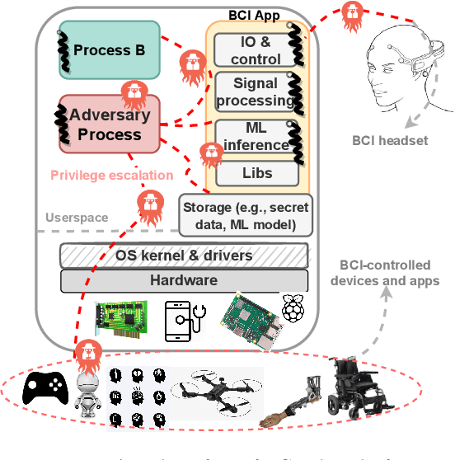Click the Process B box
(x=103, y=50)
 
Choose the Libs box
(x=256, y=174)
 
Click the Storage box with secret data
(x=245, y=213)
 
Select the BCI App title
(x=253, y=16)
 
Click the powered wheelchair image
(x=360, y=390)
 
